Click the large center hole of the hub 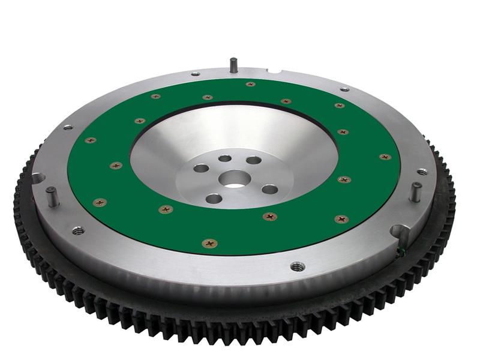[x=235, y=178]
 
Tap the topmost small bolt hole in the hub [x=224, y=158]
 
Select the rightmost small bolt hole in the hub [x=269, y=190]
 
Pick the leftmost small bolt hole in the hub [x=201, y=169]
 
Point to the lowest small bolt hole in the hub [x=214, y=199]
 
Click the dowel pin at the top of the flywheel [x=233, y=64]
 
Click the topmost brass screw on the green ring [x=250, y=84]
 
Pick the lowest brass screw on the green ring [x=210, y=243]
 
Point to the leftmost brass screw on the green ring [x=90, y=140]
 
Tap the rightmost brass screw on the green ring [x=385, y=157]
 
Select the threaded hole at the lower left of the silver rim [x=77, y=230]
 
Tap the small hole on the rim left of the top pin [x=195, y=74]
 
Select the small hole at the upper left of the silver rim [x=67, y=127]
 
